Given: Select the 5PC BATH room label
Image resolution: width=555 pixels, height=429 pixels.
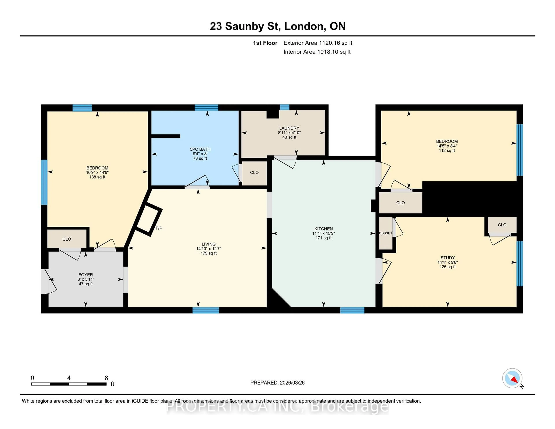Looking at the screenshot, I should [200, 149].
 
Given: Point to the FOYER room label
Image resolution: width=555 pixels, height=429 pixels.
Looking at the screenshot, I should [86, 275].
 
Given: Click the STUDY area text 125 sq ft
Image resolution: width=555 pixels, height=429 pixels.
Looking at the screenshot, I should [447, 267].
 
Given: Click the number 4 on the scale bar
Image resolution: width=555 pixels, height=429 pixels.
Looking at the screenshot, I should [69, 378].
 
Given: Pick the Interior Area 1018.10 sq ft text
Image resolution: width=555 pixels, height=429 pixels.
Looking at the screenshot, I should [317, 52].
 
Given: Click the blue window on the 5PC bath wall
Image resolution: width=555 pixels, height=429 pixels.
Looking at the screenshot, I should [206, 108].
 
